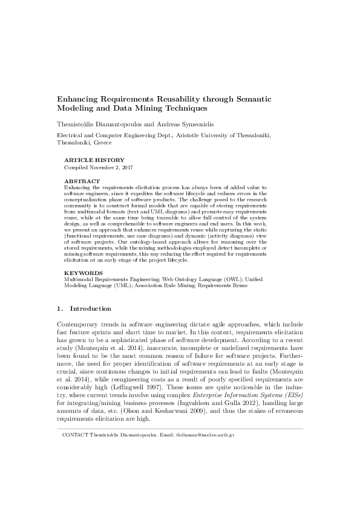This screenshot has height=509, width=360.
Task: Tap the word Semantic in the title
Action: tap(252, 99)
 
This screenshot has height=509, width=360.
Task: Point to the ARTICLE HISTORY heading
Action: tap(90, 160)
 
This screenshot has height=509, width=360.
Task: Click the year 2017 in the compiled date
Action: tap(126, 167)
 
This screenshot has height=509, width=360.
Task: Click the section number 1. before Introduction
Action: tap(59, 308)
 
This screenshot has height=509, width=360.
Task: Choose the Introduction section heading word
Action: tap(90, 308)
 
